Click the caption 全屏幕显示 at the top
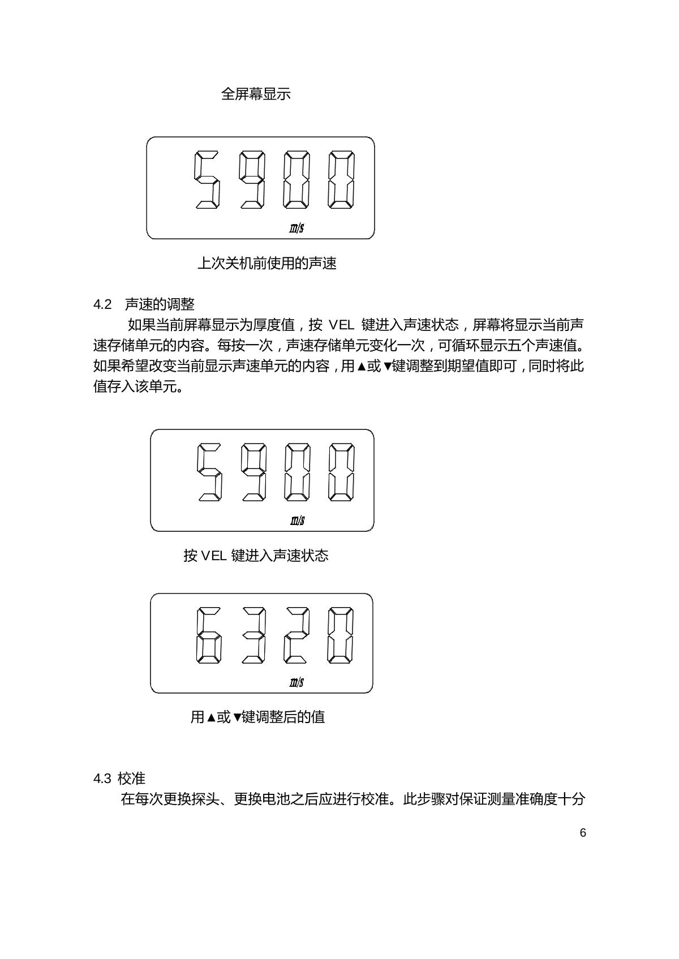256,94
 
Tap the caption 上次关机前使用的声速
267,263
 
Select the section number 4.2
102,304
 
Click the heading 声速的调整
160,304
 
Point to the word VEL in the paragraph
341,325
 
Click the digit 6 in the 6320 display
208,635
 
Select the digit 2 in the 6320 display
296,635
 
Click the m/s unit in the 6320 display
297,682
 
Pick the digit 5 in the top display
207,179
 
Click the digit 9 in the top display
252,179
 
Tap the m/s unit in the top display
296,228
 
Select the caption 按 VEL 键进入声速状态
256,556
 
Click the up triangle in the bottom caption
210,718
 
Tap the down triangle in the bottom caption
237,718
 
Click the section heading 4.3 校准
119,779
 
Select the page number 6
583,833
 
